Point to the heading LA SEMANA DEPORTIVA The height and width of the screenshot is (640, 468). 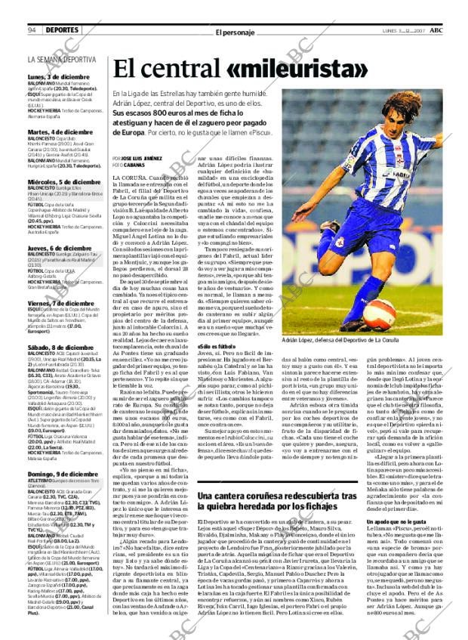pos(62,59)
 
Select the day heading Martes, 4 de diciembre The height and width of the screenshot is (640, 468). pos(60,132)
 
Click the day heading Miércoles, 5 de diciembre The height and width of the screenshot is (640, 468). pos(63,182)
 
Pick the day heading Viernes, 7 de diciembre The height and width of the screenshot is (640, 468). pos(60,302)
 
